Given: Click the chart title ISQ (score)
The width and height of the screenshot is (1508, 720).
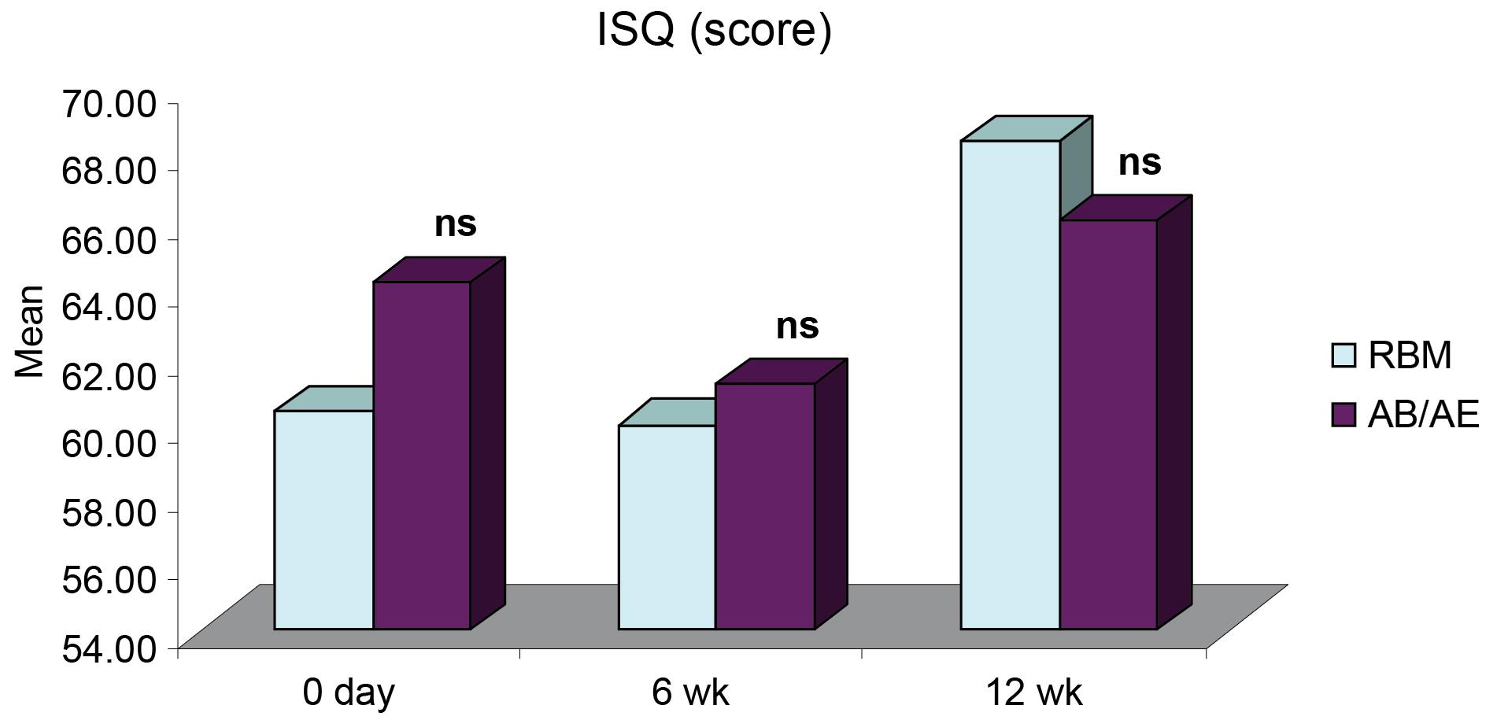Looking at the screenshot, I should click(714, 31).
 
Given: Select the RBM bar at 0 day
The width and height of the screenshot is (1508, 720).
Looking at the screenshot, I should click(323, 519).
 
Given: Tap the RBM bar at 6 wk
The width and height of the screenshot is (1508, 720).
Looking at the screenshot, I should click(667, 527).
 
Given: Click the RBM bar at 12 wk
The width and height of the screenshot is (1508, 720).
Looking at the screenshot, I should click(1011, 385).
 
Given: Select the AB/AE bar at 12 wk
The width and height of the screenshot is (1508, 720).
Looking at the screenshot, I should click(1108, 424).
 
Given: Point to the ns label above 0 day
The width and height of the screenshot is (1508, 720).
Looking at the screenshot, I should click(455, 224).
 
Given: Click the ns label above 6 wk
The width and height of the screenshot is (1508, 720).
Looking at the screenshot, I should click(797, 327).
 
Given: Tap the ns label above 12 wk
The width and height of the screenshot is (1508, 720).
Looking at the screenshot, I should click(1139, 163).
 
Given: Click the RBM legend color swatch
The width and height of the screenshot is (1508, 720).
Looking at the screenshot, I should click(1343, 356).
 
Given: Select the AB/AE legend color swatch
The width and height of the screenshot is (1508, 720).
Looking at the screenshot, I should click(1343, 415).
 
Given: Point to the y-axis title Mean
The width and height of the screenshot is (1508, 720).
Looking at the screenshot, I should click(29, 331).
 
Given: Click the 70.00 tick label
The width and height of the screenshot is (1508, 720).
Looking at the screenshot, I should click(109, 103).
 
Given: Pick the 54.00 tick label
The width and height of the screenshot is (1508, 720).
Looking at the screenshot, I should click(109, 648).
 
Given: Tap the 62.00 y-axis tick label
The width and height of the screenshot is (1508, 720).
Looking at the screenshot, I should click(109, 375).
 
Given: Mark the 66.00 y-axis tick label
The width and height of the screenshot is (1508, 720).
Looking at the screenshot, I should click(109, 239).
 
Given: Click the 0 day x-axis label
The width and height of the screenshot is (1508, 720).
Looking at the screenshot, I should click(349, 693).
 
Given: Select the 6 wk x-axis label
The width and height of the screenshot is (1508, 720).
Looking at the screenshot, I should click(690, 693).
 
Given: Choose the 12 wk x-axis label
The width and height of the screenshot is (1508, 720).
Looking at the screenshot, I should click(1033, 693).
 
